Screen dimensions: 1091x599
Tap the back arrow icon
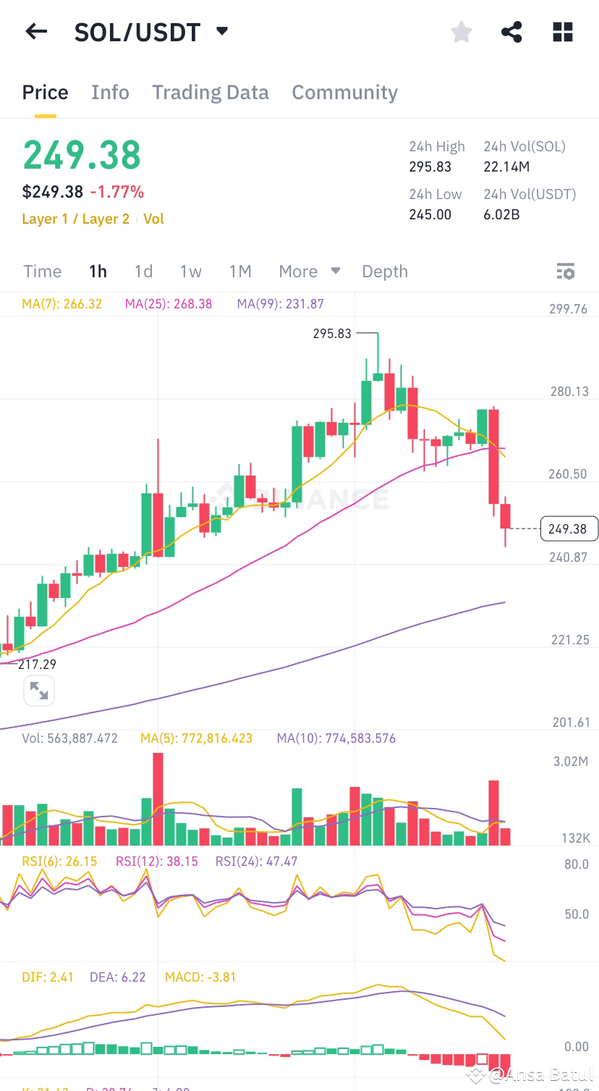pos(35,32)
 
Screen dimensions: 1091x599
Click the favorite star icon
pos(461,32)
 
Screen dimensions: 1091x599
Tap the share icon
pos(511,32)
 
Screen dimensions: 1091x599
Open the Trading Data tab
pos(210,93)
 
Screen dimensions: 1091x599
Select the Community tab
pos(344,93)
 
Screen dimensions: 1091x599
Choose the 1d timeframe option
pos(143,271)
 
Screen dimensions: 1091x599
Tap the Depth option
pos(384,271)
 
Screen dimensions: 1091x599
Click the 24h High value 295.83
pos(430,167)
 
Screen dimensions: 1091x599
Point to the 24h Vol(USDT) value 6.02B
pos(501,214)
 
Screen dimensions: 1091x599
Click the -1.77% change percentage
pos(116,192)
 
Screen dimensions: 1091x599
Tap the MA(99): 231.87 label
pos(280,304)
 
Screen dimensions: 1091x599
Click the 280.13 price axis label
pos(569,392)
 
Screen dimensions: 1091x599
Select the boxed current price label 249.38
pos(568,528)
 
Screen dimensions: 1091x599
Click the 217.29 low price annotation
pos(37,664)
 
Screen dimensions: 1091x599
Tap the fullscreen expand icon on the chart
pos(39,691)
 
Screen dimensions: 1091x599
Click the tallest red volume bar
pos(158,799)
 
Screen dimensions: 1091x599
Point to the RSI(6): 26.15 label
pos(59,861)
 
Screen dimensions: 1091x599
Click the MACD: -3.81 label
pos(200,977)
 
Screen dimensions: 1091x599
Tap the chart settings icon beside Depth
pos(565,271)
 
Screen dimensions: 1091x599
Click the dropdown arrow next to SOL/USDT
pos(222,31)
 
